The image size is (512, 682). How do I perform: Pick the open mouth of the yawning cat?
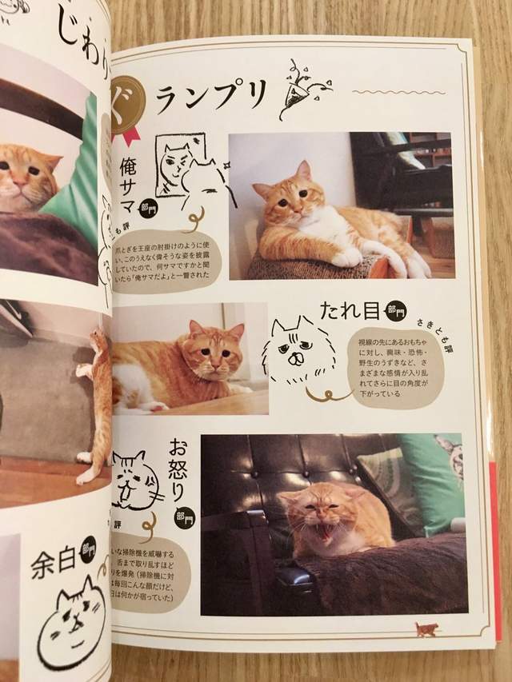coord(327,528)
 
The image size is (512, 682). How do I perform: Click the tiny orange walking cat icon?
coord(426,628)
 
